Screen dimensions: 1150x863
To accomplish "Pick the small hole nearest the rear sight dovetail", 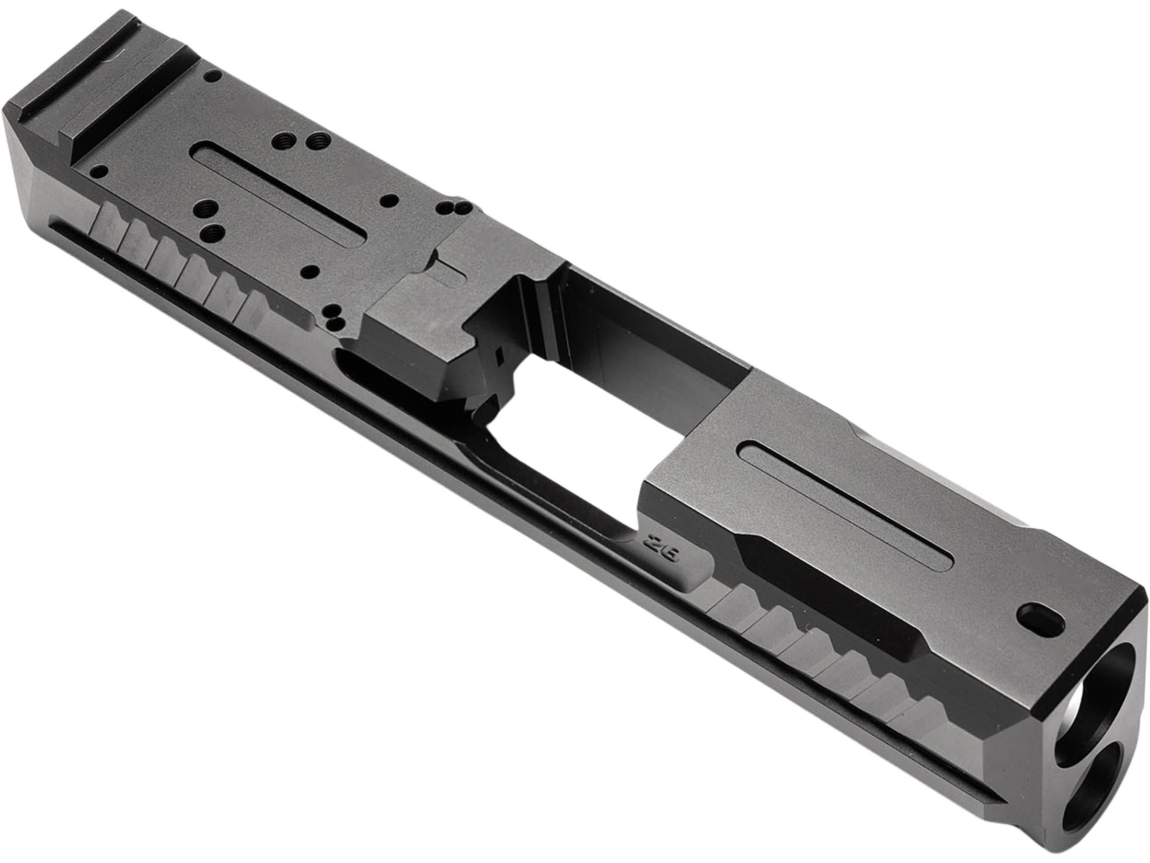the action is point(211,76).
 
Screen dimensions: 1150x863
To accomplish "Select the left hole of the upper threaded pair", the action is point(284,140).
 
